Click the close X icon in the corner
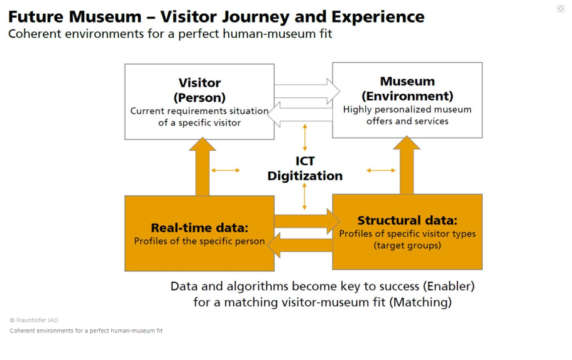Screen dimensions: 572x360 561,8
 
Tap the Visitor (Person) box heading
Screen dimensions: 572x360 199,90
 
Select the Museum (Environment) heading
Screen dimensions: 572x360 407,89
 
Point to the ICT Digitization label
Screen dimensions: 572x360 305,168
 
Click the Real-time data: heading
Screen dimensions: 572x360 199,227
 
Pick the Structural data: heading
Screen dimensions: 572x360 407,221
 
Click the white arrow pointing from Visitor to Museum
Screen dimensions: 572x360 307,91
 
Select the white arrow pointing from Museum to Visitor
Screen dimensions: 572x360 300,114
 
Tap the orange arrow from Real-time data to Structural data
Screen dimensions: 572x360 307,221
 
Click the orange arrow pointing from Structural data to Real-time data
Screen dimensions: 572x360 300,245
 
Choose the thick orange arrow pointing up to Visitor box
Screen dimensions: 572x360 202,166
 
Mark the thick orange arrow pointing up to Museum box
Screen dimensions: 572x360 407,165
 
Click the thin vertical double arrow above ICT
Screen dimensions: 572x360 305,138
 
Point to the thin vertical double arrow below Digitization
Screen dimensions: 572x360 305,197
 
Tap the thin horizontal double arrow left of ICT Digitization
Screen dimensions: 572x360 226,170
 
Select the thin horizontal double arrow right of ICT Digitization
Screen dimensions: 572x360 381,170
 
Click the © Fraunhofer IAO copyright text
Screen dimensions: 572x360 34,320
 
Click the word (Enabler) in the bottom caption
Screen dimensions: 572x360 449,286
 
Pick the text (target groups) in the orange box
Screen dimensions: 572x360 407,246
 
